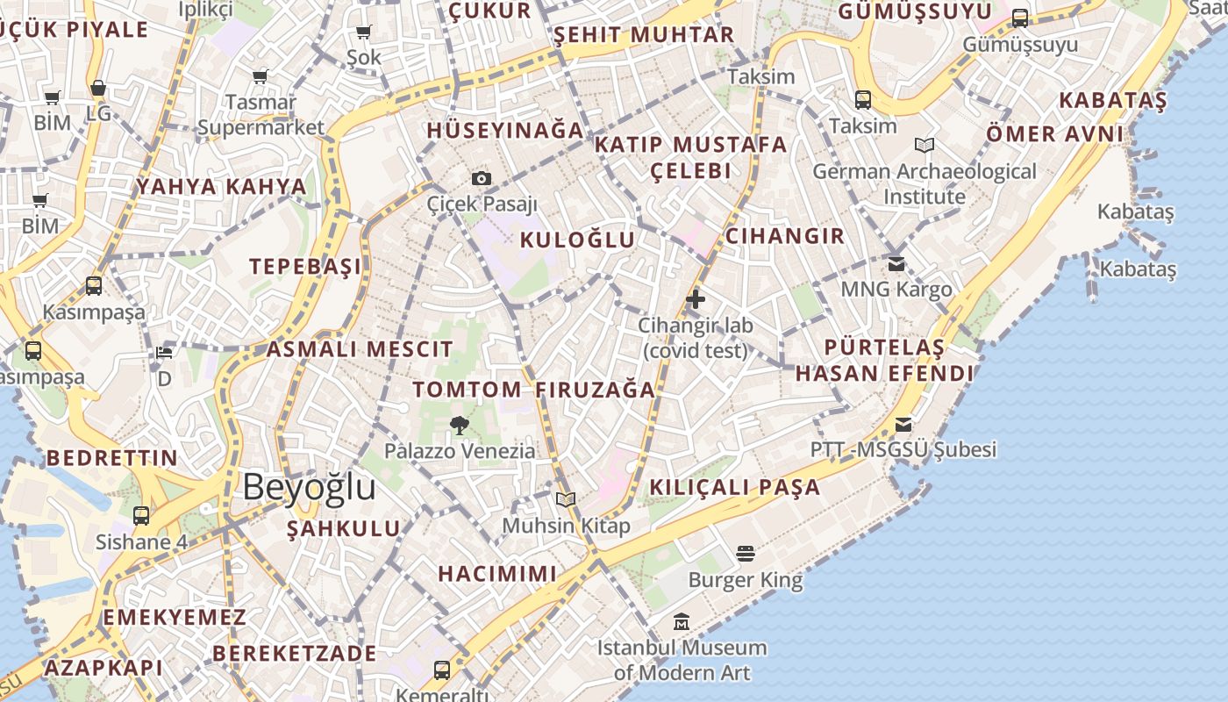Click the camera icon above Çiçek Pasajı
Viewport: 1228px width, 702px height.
click(x=481, y=179)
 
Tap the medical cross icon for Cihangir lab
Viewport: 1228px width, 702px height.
click(x=696, y=299)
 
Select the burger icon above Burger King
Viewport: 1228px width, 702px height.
click(x=746, y=554)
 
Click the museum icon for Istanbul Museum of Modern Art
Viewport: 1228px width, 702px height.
click(x=681, y=622)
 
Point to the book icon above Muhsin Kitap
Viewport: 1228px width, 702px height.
click(x=566, y=500)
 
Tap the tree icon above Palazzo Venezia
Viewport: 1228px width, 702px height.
click(x=459, y=426)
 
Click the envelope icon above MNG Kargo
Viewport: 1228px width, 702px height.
click(x=896, y=263)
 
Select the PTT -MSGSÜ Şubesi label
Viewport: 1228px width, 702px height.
click(x=903, y=450)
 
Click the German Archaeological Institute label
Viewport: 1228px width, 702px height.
click(x=925, y=183)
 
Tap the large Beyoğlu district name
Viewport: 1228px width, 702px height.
click(x=309, y=487)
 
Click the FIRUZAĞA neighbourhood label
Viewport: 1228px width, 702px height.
click(x=596, y=390)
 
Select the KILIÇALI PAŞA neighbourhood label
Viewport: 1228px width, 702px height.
click(x=735, y=488)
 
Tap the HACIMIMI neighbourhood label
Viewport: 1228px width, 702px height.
click(x=497, y=574)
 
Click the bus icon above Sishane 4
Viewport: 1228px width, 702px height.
click(x=141, y=516)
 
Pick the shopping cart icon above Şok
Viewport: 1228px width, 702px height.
click(x=363, y=32)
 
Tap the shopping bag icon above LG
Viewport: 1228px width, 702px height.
click(x=98, y=89)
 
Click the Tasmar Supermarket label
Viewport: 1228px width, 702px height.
click(x=261, y=115)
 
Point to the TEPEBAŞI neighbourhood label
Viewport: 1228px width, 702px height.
click(x=305, y=267)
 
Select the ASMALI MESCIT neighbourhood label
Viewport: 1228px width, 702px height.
click(x=360, y=349)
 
